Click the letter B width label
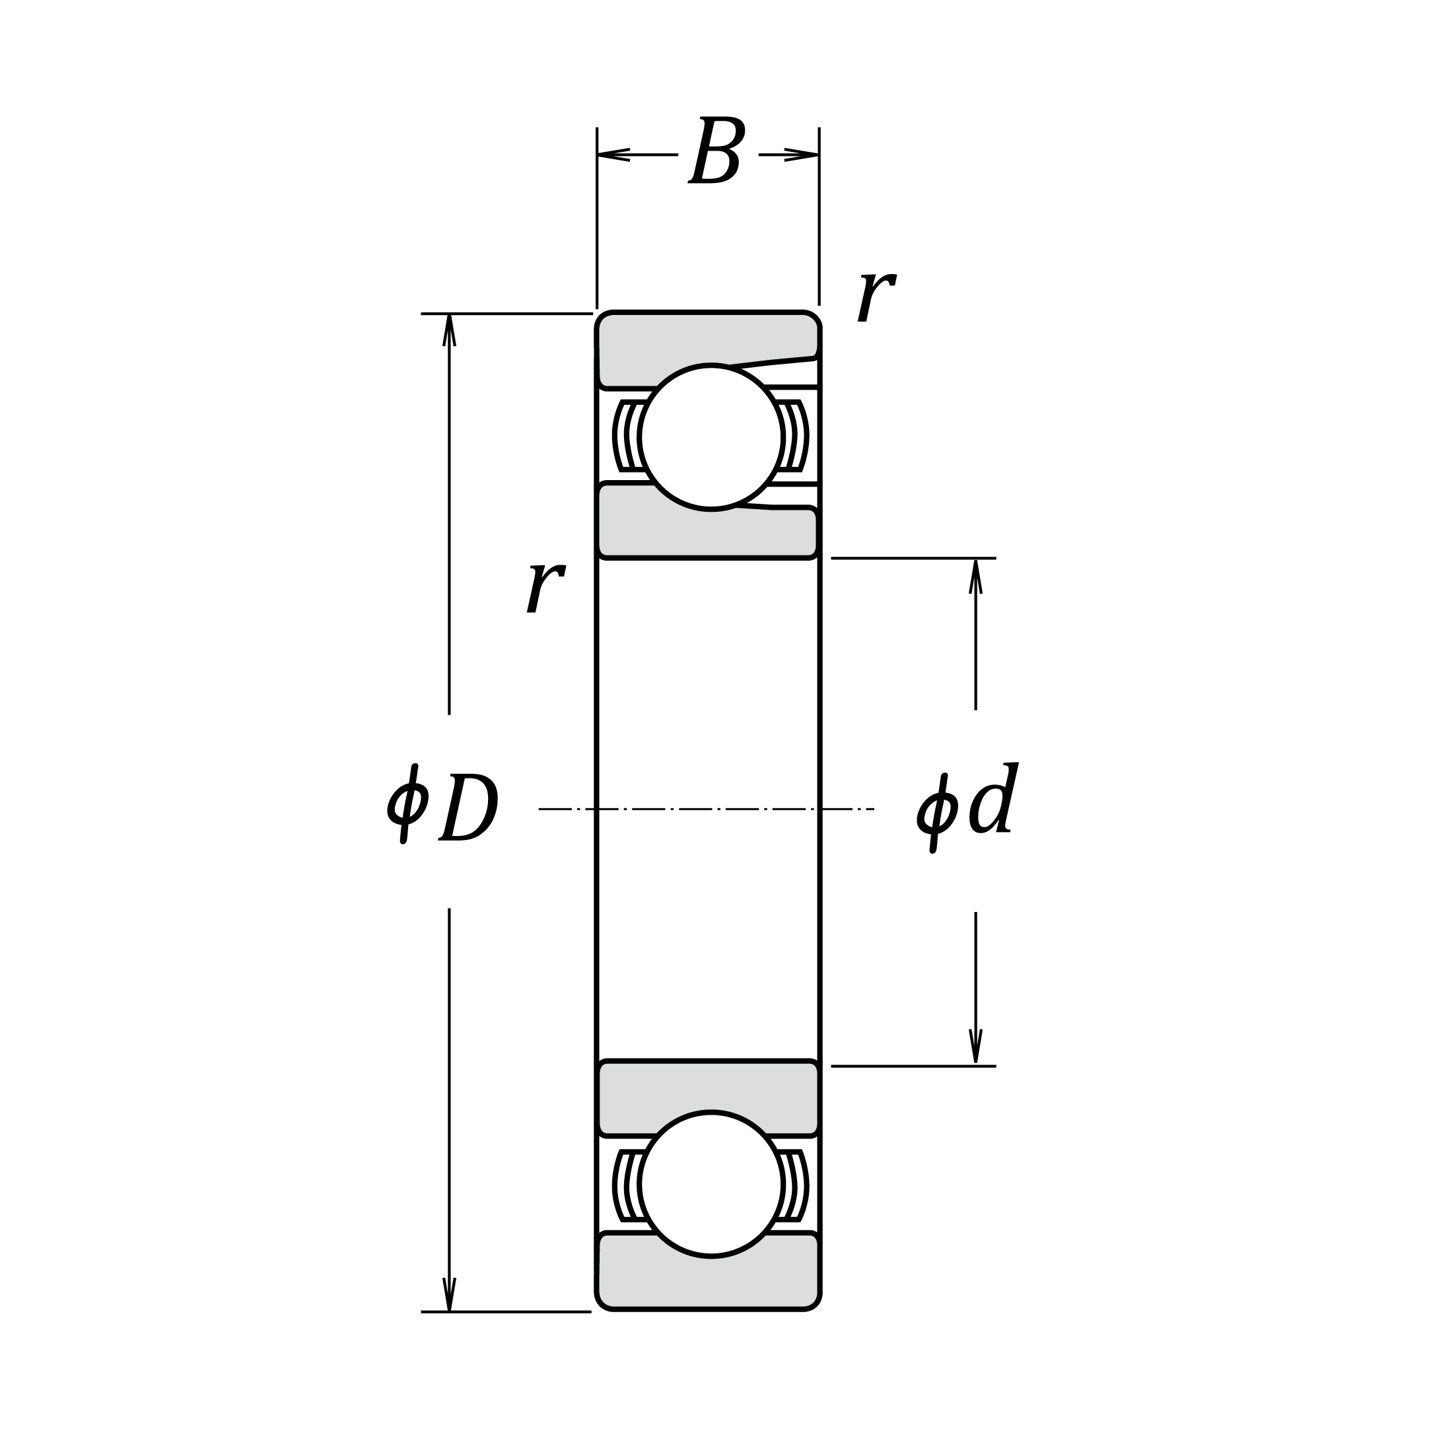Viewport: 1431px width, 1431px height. (x=716, y=151)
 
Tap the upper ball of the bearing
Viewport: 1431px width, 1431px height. (x=711, y=437)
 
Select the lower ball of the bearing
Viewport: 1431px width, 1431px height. (x=711, y=1183)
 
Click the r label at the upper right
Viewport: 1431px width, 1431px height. (x=876, y=297)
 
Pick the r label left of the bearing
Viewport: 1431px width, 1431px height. (x=546, y=586)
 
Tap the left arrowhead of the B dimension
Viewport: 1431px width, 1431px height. (x=611, y=155)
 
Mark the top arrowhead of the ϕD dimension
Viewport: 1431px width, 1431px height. (x=449, y=329)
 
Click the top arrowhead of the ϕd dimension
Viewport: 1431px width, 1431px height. (x=975, y=576)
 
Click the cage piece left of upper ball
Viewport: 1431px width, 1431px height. (x=628, y=436)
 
